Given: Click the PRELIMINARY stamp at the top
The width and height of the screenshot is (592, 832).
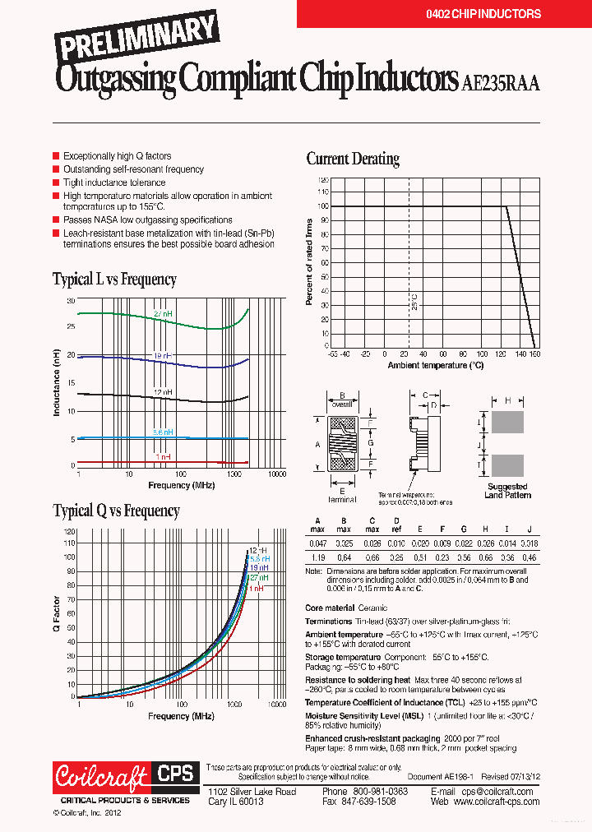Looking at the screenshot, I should point(137,39).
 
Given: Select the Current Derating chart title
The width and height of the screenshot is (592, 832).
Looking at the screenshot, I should point(353,159).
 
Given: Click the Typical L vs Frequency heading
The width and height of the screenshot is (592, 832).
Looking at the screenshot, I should point(114,280).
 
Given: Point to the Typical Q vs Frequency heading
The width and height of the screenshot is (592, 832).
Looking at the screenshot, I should point(116,511).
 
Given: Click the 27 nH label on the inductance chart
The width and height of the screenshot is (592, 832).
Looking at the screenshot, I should point(162,315).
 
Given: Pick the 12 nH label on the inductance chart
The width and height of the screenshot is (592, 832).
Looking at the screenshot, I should point(162,393).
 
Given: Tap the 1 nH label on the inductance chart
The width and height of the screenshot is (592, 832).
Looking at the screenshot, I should point(162,456).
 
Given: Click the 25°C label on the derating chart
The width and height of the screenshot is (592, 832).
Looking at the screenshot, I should point(414,303).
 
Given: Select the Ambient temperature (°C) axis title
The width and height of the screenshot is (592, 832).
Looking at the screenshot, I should point(436,364).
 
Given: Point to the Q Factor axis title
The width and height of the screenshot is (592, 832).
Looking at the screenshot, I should point(57,614).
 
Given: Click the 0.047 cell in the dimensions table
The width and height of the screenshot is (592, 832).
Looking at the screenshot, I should point(317,544).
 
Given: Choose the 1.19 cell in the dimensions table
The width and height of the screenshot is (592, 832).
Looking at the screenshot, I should point(317,557).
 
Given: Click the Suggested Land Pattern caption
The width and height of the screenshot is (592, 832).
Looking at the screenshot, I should point(507,491).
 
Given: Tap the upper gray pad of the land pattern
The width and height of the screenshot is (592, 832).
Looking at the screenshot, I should point(507,423).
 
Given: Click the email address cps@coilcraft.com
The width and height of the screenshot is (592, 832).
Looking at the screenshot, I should point(494,791).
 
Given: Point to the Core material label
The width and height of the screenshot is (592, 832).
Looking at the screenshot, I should point(330,608).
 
